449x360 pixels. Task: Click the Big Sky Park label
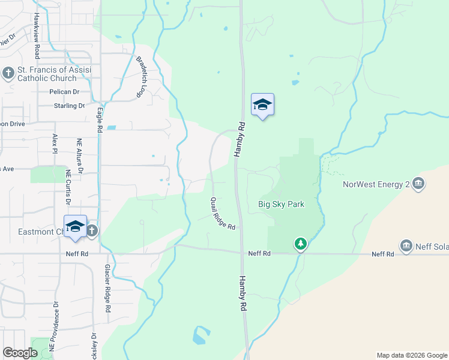[x=281, y=204]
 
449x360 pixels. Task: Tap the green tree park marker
[x=300, y=244]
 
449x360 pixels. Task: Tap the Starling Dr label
[x=69, y=106]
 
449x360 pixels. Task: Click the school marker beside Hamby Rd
[x=262, y=105]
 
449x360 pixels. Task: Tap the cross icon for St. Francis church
[x=8, y=73]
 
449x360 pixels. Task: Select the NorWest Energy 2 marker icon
[x=418, y=185]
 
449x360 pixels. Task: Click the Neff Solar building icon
[x=406, y=245]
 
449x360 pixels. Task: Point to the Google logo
[x=19, y=353]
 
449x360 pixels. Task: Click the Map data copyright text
[x=411, y=355]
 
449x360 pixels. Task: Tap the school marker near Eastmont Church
[x=75, y=226]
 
